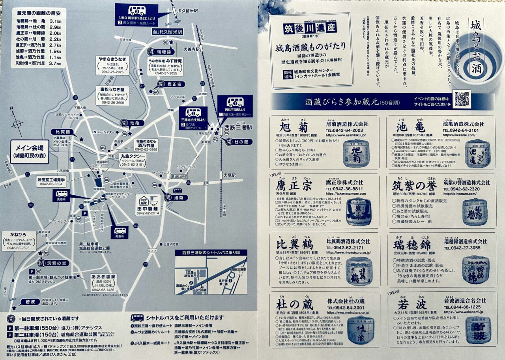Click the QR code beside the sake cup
coord(462,99)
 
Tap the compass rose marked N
coord(17,124)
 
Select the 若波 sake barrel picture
coord(478,330)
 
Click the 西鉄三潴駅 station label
coord(238,127)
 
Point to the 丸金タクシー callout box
coord(133,160)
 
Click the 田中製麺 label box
coord(148,205)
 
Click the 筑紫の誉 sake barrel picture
coord(475,212)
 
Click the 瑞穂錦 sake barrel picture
coord(475,270)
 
